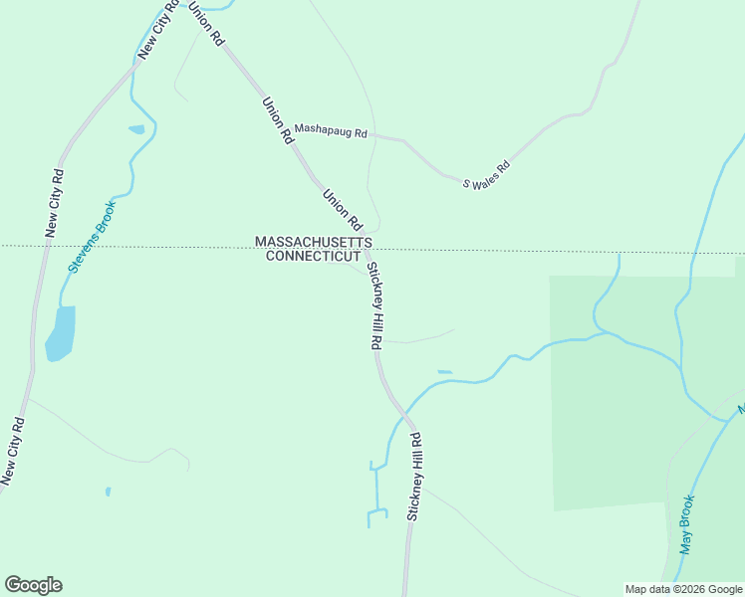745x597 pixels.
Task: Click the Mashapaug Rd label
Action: point(332,133)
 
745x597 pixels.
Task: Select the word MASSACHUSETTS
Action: point(314,242)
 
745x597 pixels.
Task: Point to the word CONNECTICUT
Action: point(314,256)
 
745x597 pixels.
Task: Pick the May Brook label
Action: point(686,525)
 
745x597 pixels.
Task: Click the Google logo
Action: point(33,585)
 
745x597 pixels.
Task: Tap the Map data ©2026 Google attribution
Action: point(683,589)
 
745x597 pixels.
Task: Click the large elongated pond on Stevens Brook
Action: point(61,332)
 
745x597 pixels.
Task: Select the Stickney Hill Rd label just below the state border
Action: point(374,305)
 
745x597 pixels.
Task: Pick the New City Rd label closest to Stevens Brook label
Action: point(54,203)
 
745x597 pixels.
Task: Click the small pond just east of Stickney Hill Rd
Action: point(444,372)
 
